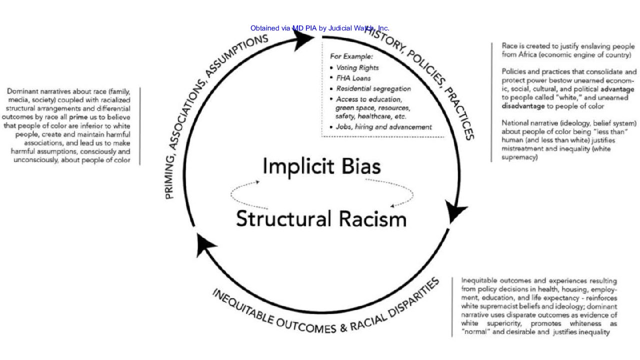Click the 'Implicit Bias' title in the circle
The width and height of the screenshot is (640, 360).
(321, 166)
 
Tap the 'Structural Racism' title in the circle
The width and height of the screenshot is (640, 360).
(321, 219)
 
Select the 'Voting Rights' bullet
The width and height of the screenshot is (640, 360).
(357, 67)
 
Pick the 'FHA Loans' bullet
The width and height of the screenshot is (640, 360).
(353, 78)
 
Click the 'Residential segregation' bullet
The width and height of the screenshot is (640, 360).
(373, 88)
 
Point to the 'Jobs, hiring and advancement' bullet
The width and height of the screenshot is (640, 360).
(383, 127)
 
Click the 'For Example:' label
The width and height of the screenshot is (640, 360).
(351, 56)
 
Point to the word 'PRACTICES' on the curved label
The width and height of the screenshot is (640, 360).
(459, 114)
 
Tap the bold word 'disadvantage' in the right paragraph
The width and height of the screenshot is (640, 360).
(523, 106)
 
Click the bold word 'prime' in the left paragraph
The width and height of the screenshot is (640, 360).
(78, 116)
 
